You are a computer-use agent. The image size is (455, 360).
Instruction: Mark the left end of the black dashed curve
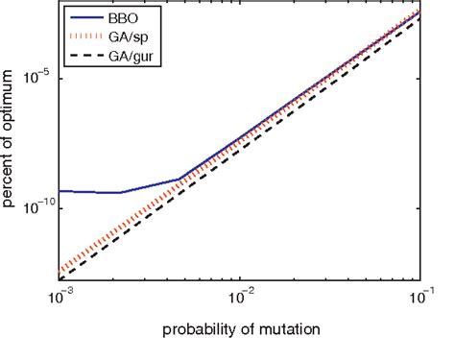(x=61, y=277)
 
